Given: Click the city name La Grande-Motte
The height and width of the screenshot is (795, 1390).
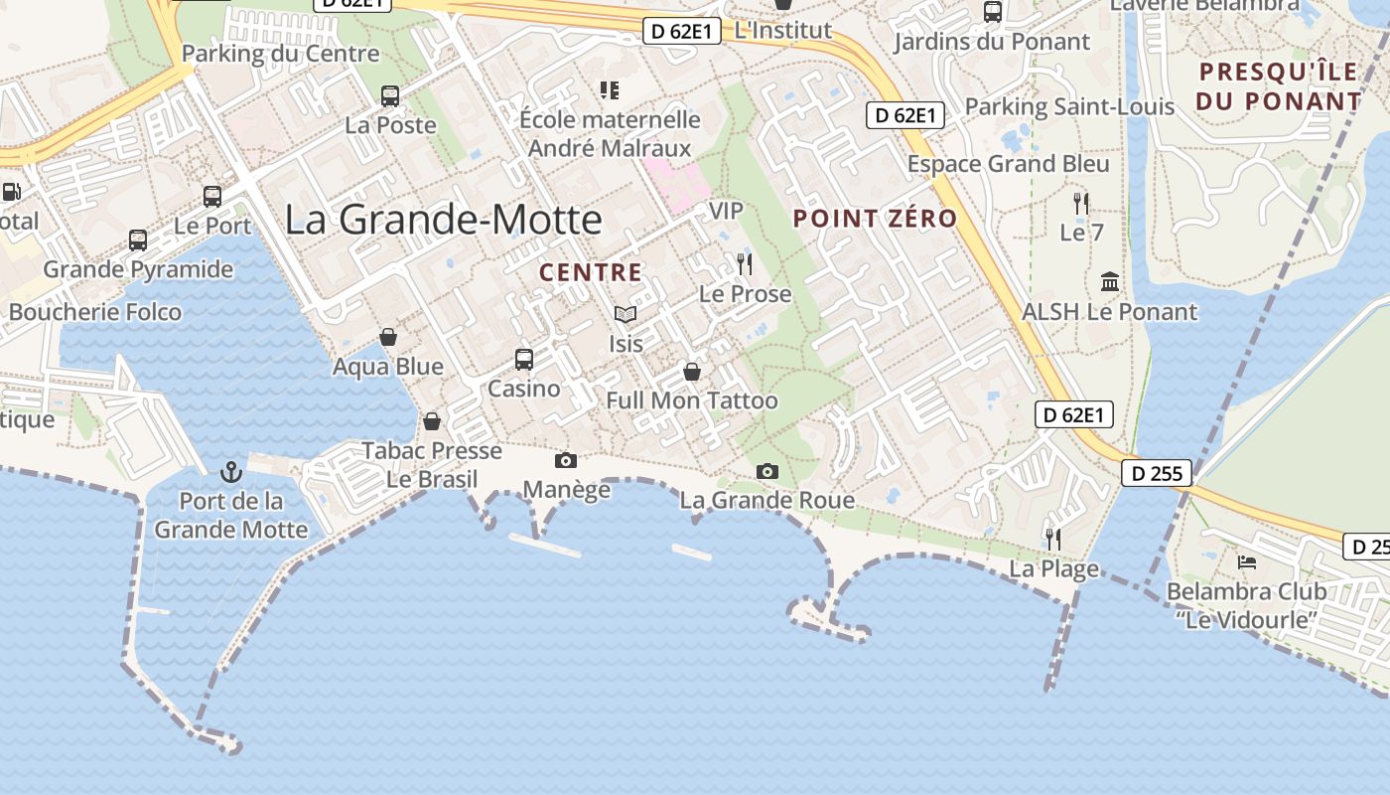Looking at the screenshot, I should (443, 220).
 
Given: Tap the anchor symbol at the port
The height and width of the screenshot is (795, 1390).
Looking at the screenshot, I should (231, 471).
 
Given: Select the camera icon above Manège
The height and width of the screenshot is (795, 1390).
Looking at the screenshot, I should (566, 460).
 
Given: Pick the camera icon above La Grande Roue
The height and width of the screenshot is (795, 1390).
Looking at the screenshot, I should (766, 471).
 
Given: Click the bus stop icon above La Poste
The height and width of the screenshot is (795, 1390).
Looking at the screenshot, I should (390, 96).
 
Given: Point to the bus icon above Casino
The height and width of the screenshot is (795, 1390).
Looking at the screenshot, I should (523, 360).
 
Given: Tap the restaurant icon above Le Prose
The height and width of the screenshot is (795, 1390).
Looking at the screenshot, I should (745, 264).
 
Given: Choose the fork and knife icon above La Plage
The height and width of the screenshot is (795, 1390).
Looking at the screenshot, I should (1053, 539).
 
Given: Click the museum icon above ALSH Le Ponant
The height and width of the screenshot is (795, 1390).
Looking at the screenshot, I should (1110, 282).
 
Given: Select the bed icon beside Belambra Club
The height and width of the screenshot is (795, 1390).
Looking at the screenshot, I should (1247, 562).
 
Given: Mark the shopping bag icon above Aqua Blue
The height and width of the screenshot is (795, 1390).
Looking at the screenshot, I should (388, 338).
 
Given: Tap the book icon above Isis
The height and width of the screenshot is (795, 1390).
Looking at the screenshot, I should (625, 315).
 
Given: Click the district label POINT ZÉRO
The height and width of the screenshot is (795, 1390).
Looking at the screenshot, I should (875, 219).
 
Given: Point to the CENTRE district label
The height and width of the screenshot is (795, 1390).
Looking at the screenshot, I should (591, 272).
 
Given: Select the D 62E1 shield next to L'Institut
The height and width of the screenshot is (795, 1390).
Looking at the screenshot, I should (682, 31).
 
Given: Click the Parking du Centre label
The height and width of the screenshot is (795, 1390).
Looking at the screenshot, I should (281, 54).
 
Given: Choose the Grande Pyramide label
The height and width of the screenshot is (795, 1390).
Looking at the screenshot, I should (138, 269).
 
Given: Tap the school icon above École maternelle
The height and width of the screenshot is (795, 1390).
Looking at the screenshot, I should (610, 91).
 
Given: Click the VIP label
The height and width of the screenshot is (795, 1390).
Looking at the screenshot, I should (726, 211).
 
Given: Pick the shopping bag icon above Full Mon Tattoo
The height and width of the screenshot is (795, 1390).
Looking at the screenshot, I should (692, 373).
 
